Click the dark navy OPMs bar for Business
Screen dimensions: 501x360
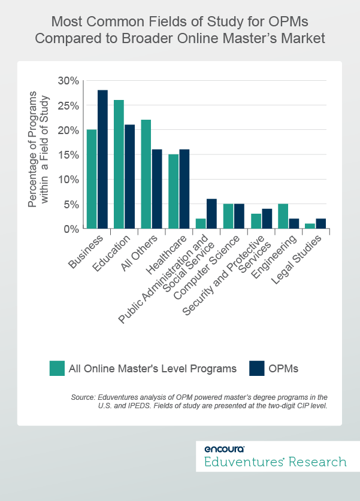103,159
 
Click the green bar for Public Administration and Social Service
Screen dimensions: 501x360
201,223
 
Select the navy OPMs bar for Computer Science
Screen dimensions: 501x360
239,216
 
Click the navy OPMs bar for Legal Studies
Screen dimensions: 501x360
320,223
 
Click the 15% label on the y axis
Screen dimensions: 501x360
68,154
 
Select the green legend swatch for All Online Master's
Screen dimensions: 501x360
58,368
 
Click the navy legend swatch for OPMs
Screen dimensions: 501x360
256,368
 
